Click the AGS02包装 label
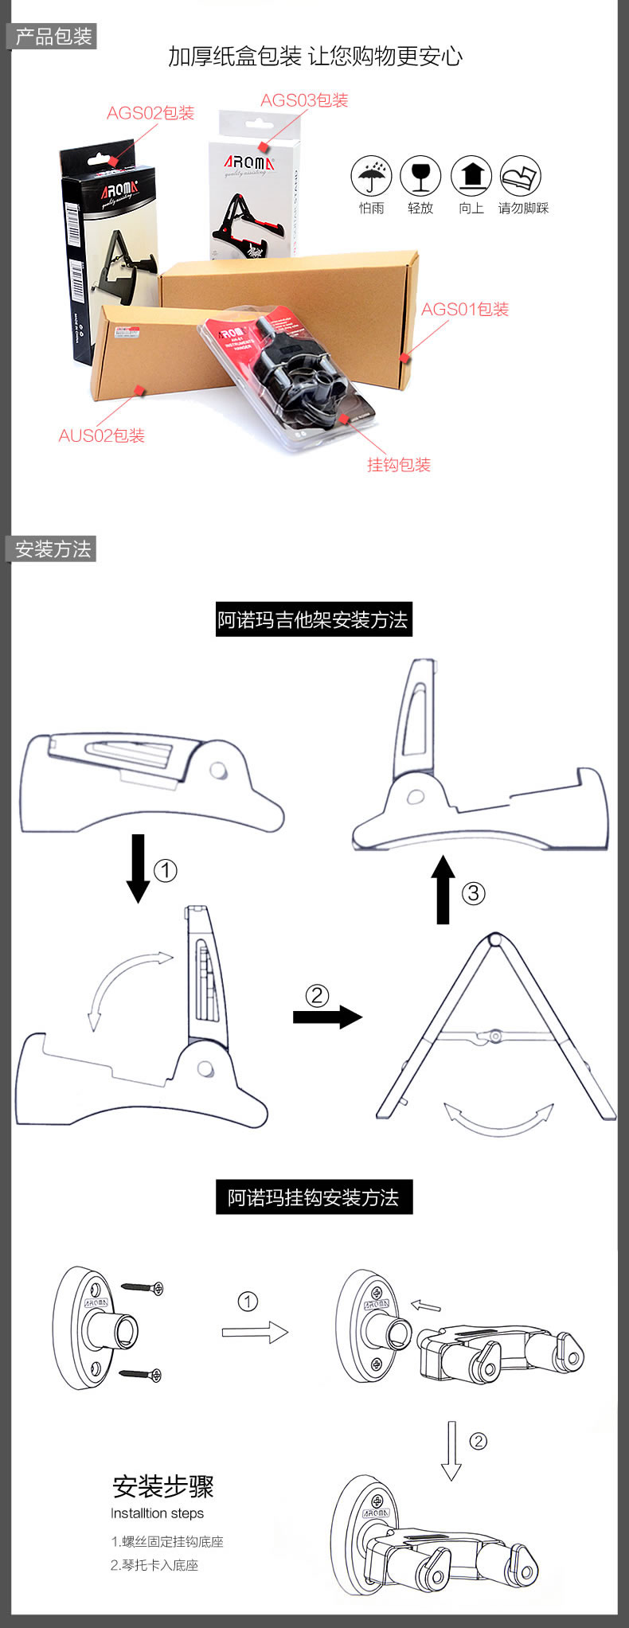coord(150,113)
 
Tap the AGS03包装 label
coord(304,100)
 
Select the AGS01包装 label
coord(464,309)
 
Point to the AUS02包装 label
coord(101,435)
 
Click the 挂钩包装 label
coord(398,465)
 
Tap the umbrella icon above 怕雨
coord(371,176)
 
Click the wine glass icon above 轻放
coord(420,176)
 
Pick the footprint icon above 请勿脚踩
coord(521,176)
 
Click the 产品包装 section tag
coord(53,37)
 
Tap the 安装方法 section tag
coord(53,549)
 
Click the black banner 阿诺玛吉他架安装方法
coord(314,619)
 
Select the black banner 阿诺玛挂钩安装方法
coord(314,1197)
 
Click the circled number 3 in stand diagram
coord(473,892)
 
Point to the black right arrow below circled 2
coord(327,1017)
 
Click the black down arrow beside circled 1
coord(139,868)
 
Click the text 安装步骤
coord(163,1486)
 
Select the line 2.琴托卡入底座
coord(154,1564)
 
